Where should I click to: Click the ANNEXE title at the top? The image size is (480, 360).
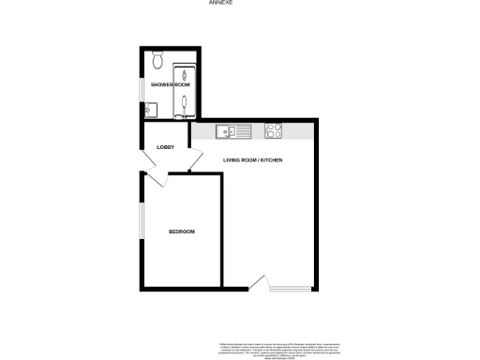click(x=221, y=4)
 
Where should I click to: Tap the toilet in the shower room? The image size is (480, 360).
click(x=157, y=62)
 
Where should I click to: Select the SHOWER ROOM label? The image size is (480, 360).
click(x=171, y=85)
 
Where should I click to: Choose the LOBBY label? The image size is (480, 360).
click(x=166, y=146)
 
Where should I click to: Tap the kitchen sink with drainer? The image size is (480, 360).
click(x=229, y=131)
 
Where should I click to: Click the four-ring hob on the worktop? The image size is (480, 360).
click(x=274, y=131)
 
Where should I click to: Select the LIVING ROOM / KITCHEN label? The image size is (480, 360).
click(x=252, y=160)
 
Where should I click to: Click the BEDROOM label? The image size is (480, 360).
click(x=181, y=232)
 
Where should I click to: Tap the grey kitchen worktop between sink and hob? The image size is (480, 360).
click(x=253, y=132)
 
